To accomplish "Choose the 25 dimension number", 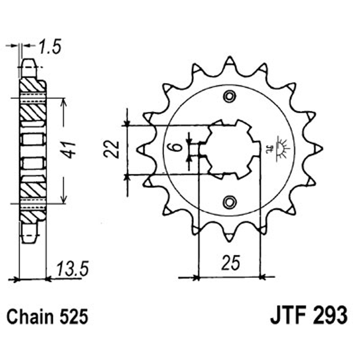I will pos(229,263).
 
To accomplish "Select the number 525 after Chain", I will pos(73,317).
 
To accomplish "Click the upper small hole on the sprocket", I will pos(230,96).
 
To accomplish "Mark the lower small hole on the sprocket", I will pos(230,200).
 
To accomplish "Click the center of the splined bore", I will pos(230,148).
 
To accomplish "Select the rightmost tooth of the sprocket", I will pos(317,149).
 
